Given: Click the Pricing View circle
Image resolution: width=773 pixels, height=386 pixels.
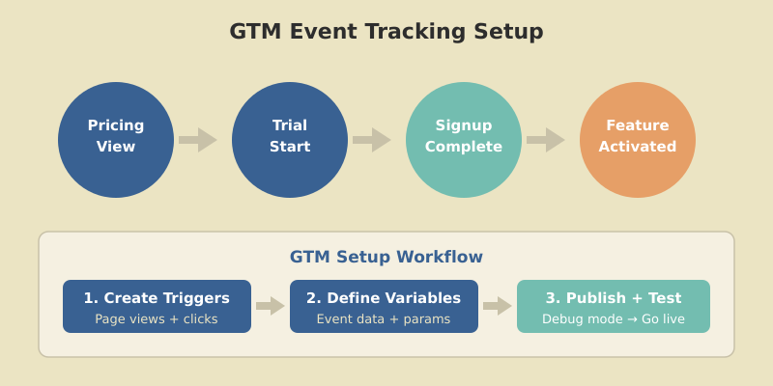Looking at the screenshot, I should pyautogui.click(x=116, y=140).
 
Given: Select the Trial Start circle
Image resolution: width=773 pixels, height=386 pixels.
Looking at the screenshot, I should pyautogui.click(x=290, y=140).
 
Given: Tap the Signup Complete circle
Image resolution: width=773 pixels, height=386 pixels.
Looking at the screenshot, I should pyautogui.click(x=464, y=140).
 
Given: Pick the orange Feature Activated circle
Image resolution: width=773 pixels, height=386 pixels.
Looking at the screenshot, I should pyautogui.click(x=638, y=140).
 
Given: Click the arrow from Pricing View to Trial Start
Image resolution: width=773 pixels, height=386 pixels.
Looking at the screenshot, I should pyautogui.click(x=198, y=140).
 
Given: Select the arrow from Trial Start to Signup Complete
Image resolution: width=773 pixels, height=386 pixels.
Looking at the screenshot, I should pyautogui.click(x=372, y=140).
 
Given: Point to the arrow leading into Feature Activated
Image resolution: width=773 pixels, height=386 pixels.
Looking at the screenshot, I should pyautogui.click(x=546, y=140).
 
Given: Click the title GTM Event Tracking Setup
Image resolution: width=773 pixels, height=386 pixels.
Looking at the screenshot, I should pyautogui.click(x=386, y=32).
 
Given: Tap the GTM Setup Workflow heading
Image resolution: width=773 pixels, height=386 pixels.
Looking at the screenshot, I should pyautogui.click(x=386, y=257).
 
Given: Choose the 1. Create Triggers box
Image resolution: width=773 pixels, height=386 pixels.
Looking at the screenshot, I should pyautogui.click(x=157, y=307).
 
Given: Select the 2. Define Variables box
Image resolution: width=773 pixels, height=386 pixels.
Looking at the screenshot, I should pyautogui.click(x=384, y=307).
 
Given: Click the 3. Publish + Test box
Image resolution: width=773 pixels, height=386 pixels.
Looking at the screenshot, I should pyautogui.click(x=614, y=307).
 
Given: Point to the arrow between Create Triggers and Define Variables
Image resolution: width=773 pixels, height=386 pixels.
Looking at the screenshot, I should pyautogui.click(x=271, y=306).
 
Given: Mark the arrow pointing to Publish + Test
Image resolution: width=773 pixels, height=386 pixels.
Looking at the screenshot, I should pyautogui.click(x=498, y=306).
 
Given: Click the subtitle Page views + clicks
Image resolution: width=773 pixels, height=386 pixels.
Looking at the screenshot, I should pyautogui.click(x=157, y=319).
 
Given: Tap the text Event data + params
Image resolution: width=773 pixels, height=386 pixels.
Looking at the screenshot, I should pyautogui.click(x=384, y=319).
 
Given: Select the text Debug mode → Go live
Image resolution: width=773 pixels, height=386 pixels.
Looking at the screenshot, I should pyautogui.click(x=614, y=319).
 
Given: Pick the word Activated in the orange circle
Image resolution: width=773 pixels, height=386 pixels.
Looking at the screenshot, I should pyautogui.click(x=638, y=147).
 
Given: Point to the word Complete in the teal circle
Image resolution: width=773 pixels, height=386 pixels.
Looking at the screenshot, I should pyautogui.click(x=464, y=147).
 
